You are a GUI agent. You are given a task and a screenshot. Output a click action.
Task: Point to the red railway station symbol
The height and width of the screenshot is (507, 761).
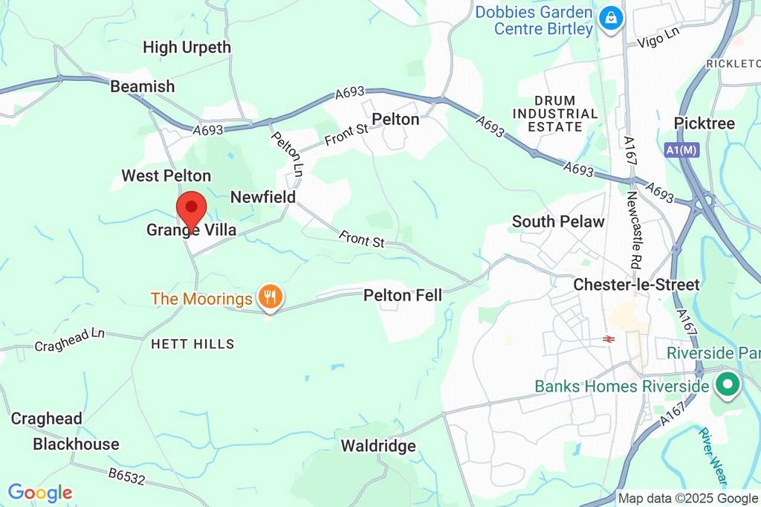click(x=607, y=339)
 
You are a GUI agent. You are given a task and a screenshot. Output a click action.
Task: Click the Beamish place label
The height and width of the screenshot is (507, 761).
click(x=142, y=86)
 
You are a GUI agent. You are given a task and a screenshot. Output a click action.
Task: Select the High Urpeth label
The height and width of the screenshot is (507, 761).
click(x=187, y=48)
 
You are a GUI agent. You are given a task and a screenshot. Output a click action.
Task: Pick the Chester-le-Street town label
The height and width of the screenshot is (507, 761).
click(x=636, y=285)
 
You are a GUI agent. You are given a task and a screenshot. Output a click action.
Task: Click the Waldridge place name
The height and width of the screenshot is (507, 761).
click(x=378, y=446)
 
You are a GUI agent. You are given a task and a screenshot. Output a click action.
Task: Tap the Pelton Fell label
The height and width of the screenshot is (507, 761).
click(x=402, y=296)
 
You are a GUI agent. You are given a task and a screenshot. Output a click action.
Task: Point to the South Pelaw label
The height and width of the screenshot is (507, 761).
click(x=558, y=222)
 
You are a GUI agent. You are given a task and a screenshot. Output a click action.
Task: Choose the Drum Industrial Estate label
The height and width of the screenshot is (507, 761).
click(x=555, y=114)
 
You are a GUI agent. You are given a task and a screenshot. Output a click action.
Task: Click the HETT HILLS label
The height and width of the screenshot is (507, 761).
click(x=192, y=344)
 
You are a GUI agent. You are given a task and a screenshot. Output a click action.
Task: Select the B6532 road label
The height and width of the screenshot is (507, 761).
click(x=126, y=477)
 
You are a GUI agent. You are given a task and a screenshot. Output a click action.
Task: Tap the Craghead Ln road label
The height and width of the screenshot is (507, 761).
click(x=70, y=340)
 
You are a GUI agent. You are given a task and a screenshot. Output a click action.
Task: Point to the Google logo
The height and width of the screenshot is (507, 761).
click(x=40, y=492)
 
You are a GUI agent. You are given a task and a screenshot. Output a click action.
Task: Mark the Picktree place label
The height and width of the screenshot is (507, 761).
click(x=704, y=123)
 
